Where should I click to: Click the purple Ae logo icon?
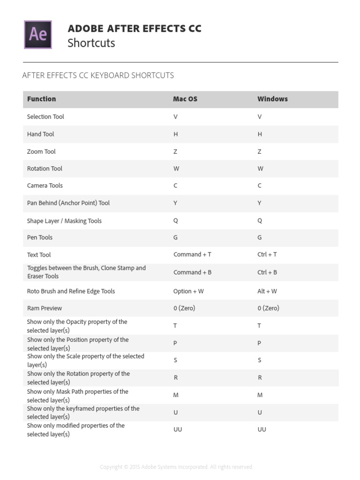(38, 34)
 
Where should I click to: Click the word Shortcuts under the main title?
(91, 43)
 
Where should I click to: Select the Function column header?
(41, 99)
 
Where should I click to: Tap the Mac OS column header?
(185, 99)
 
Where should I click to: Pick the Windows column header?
(272, 99)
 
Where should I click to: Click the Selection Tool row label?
(45, 117)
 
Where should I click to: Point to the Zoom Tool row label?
(41, 151)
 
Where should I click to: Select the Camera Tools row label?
(45, 186)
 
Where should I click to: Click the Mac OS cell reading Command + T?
(192, 255)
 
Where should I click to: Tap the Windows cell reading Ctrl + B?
(267, 272)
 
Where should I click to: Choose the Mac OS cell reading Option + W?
(188, 291)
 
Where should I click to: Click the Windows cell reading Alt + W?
(267, 291)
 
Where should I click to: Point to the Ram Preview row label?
(45, 308)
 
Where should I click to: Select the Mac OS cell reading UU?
(178, 429)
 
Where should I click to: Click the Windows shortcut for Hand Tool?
(260, 134)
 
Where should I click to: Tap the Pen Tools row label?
(40, 238)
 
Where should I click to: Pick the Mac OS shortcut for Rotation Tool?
(176, 169)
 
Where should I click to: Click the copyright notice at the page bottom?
(176, 467)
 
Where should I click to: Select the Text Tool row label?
(39, 255)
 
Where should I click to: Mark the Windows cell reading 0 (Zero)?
(268, 308)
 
